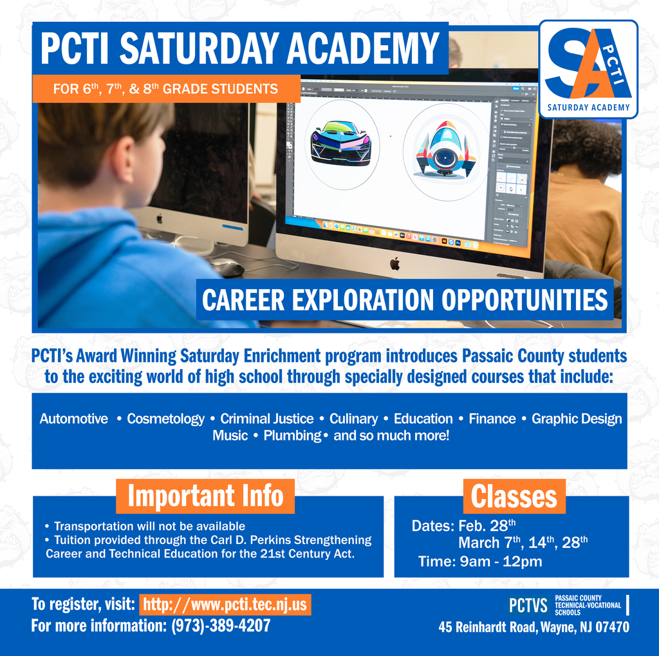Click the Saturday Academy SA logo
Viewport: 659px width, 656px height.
[588, 69]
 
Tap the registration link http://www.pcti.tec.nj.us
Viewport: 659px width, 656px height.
[225, 605]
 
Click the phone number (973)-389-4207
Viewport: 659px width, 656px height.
[221, 626]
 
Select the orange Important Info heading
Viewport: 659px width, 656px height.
[205, 496]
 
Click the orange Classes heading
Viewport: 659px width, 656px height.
[514, 496]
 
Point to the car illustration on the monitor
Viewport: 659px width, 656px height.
[340, 142]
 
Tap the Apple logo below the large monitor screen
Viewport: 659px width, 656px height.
[395, 263]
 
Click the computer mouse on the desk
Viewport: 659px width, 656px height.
[227, 267]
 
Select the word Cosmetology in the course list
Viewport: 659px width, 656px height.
[165, 419]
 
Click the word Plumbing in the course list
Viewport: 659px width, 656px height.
[292, 436]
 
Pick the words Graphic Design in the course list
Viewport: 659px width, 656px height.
[577, 419]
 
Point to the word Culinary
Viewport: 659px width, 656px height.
[353, 419]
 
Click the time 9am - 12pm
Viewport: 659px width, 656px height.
[501, 561]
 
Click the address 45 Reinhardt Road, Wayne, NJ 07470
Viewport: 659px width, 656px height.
[534, 626]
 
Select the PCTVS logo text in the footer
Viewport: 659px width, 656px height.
[528, 605]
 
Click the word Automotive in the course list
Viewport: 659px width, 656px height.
[74, 419]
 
